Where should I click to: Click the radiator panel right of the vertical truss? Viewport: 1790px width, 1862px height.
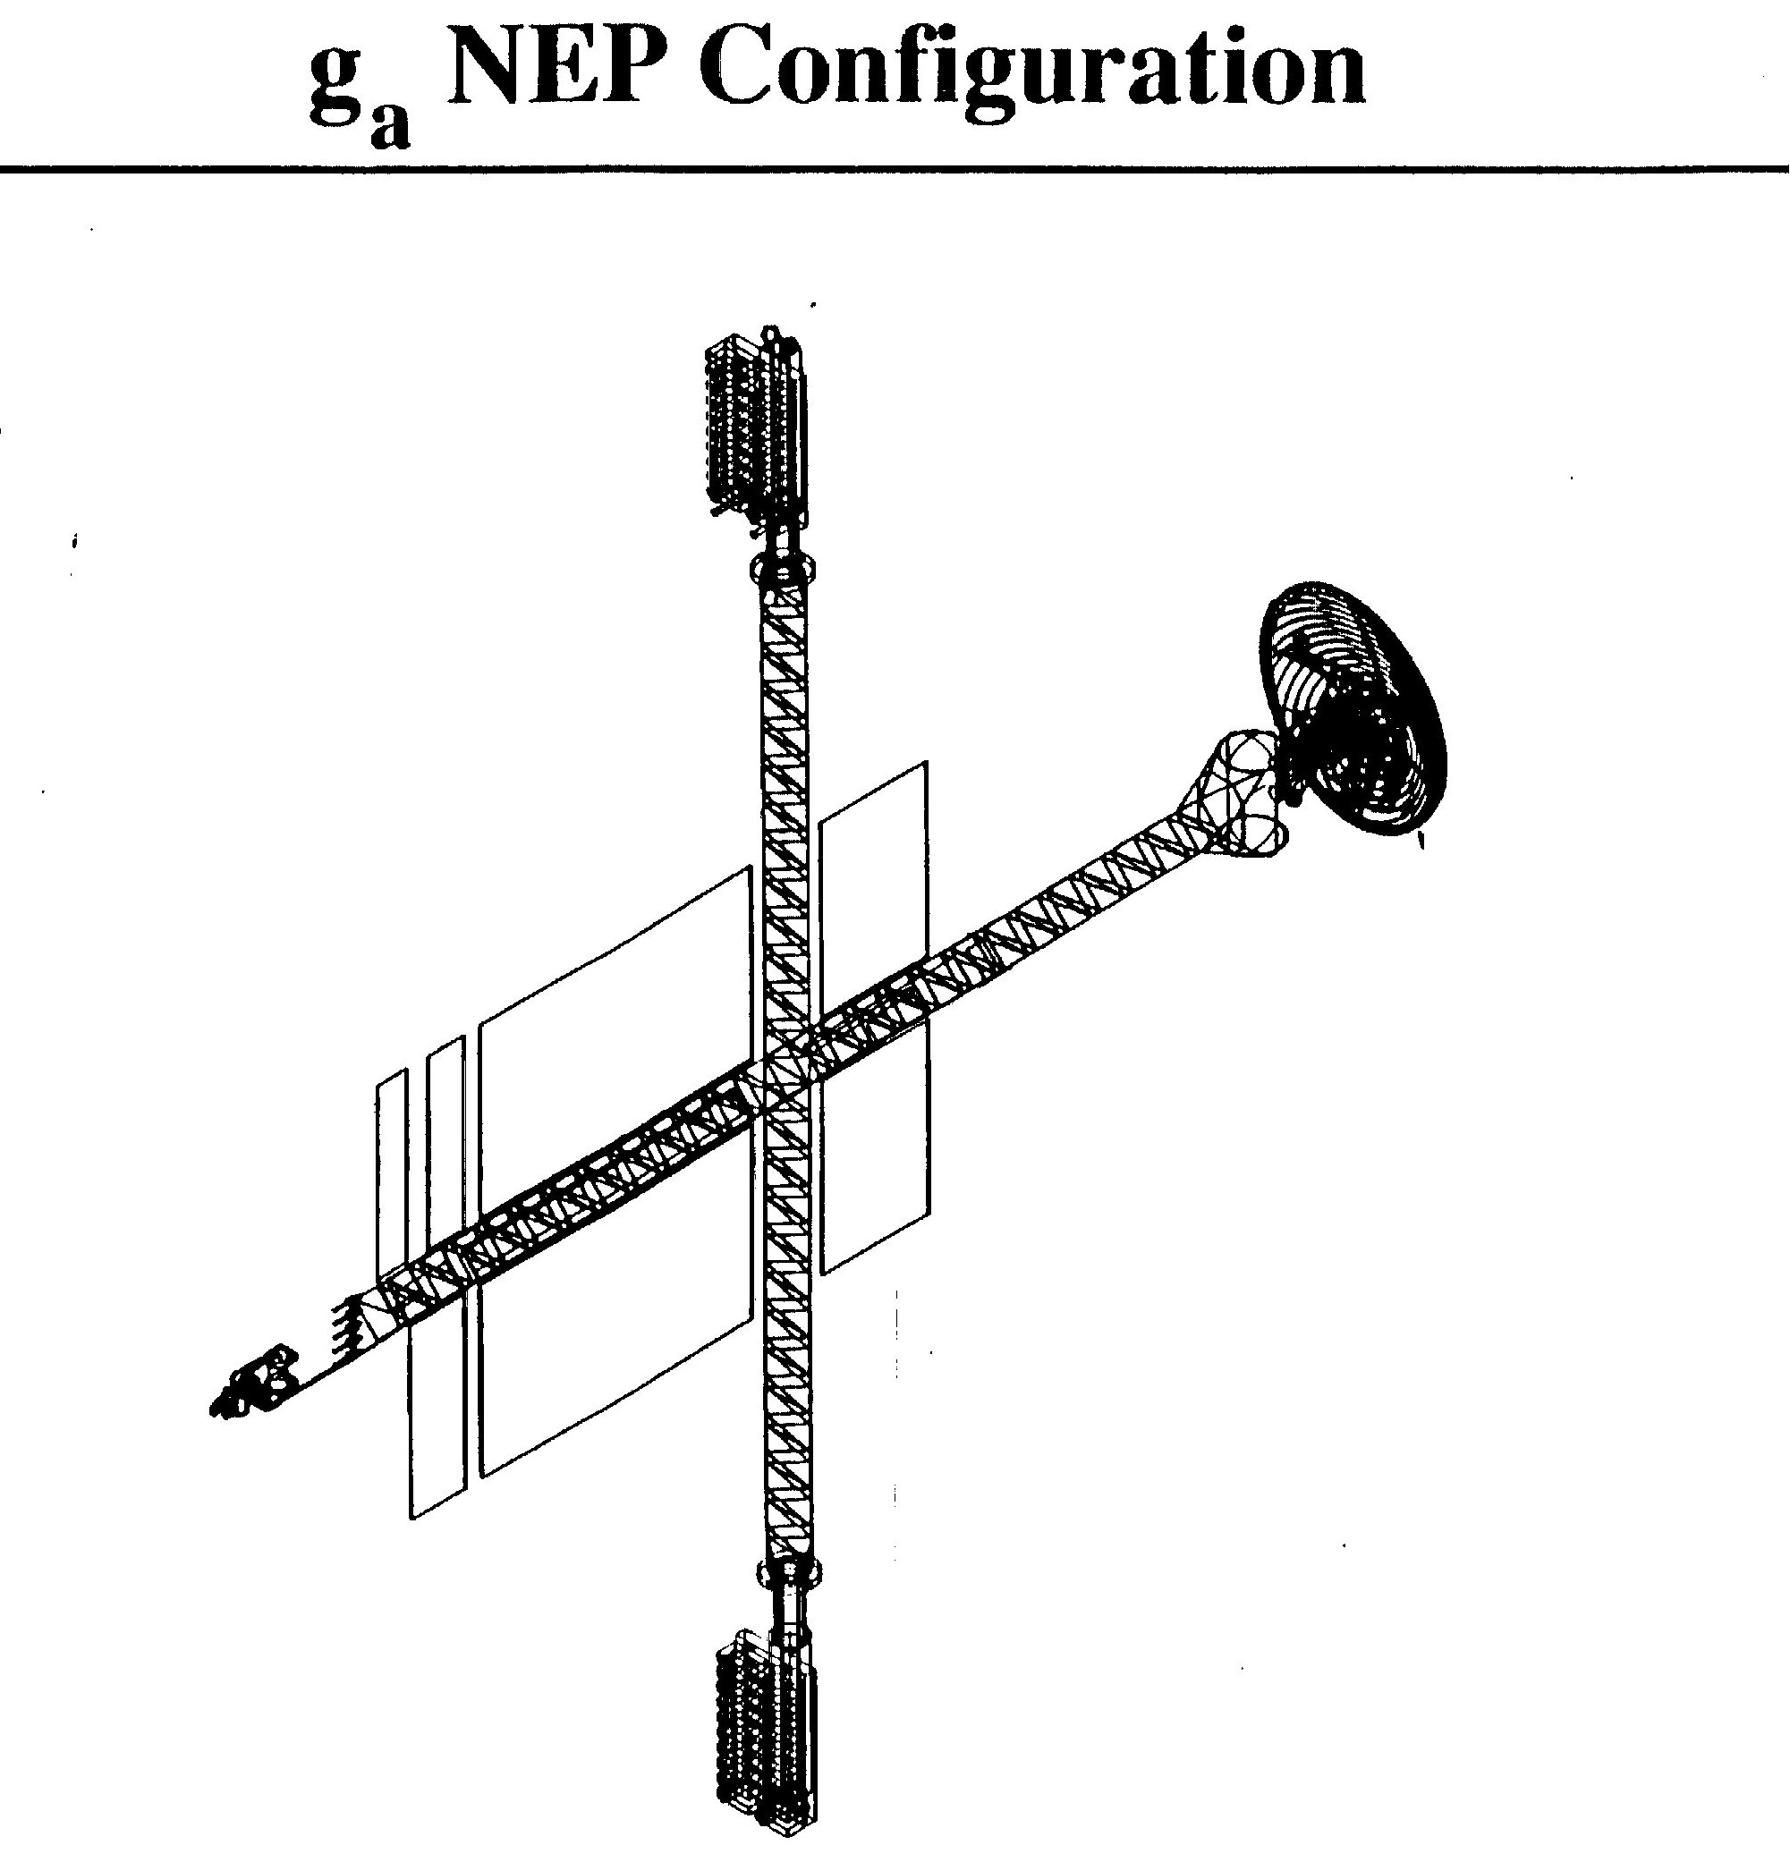(x=874, y=1017)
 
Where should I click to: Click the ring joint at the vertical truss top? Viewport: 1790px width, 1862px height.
(x=785, y=568)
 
